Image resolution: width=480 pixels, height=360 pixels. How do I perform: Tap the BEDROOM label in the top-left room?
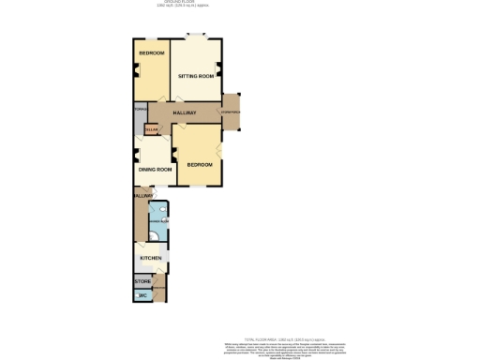coord(151,53)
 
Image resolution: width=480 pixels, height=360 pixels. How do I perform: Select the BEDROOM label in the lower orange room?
coord(199,165)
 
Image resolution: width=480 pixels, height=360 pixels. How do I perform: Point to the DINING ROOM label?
coord(155,170)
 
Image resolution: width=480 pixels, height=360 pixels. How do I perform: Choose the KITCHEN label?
coord(151,258)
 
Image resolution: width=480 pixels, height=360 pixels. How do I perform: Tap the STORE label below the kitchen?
coord(142,280)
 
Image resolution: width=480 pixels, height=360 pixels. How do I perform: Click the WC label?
coord(143,296)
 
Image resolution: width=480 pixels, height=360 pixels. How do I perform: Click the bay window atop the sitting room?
coord(196,37)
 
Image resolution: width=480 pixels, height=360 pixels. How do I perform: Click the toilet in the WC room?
coord(137,296)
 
